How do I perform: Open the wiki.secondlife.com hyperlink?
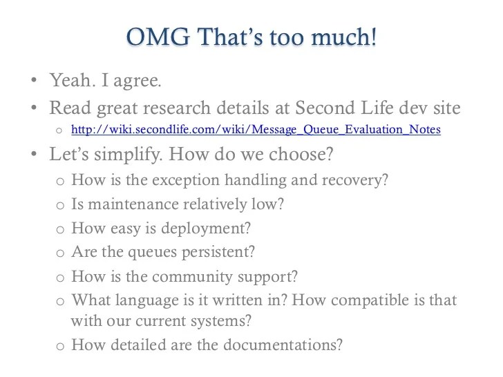pyautogui.click(x=256, y=129)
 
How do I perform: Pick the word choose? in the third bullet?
pyautogui.click(x=301, y=155)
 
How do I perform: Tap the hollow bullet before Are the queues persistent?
pyautogui.click(x=59, y=254)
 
